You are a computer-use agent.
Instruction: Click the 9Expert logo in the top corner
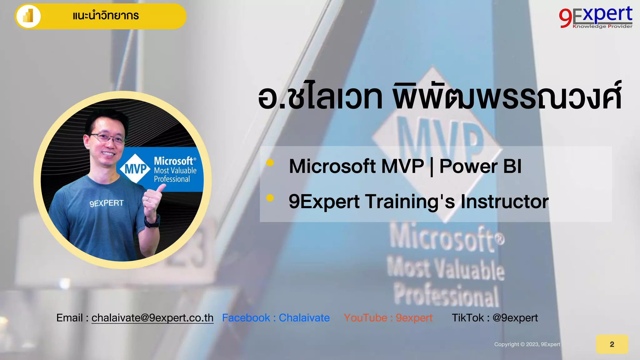click(596, 17)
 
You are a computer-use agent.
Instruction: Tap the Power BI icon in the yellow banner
click(28, 16)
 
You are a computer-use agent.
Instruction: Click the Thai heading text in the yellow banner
click(106, 16)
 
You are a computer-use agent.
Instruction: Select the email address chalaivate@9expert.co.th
click(152, 318)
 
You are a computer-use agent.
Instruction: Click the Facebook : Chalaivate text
click(276, 318)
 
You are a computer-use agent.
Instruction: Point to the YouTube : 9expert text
click(388, 318)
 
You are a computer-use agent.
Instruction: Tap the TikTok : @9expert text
click(495, 318)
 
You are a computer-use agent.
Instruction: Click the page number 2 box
click(612, 344)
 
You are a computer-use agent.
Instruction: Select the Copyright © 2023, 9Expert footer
click(527, 344)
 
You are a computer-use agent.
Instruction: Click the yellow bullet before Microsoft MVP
click(270, 162)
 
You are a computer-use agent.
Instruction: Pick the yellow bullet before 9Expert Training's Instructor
click(270, 198)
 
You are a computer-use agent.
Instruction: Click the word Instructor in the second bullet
click(504, 202)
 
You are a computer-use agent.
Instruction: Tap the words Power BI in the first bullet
click(480, 166)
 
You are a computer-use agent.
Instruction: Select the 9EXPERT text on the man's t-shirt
click(107, 203)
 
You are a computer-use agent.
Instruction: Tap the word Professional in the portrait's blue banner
click(172, 179)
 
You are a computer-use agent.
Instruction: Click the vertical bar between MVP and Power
click(432, 167)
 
